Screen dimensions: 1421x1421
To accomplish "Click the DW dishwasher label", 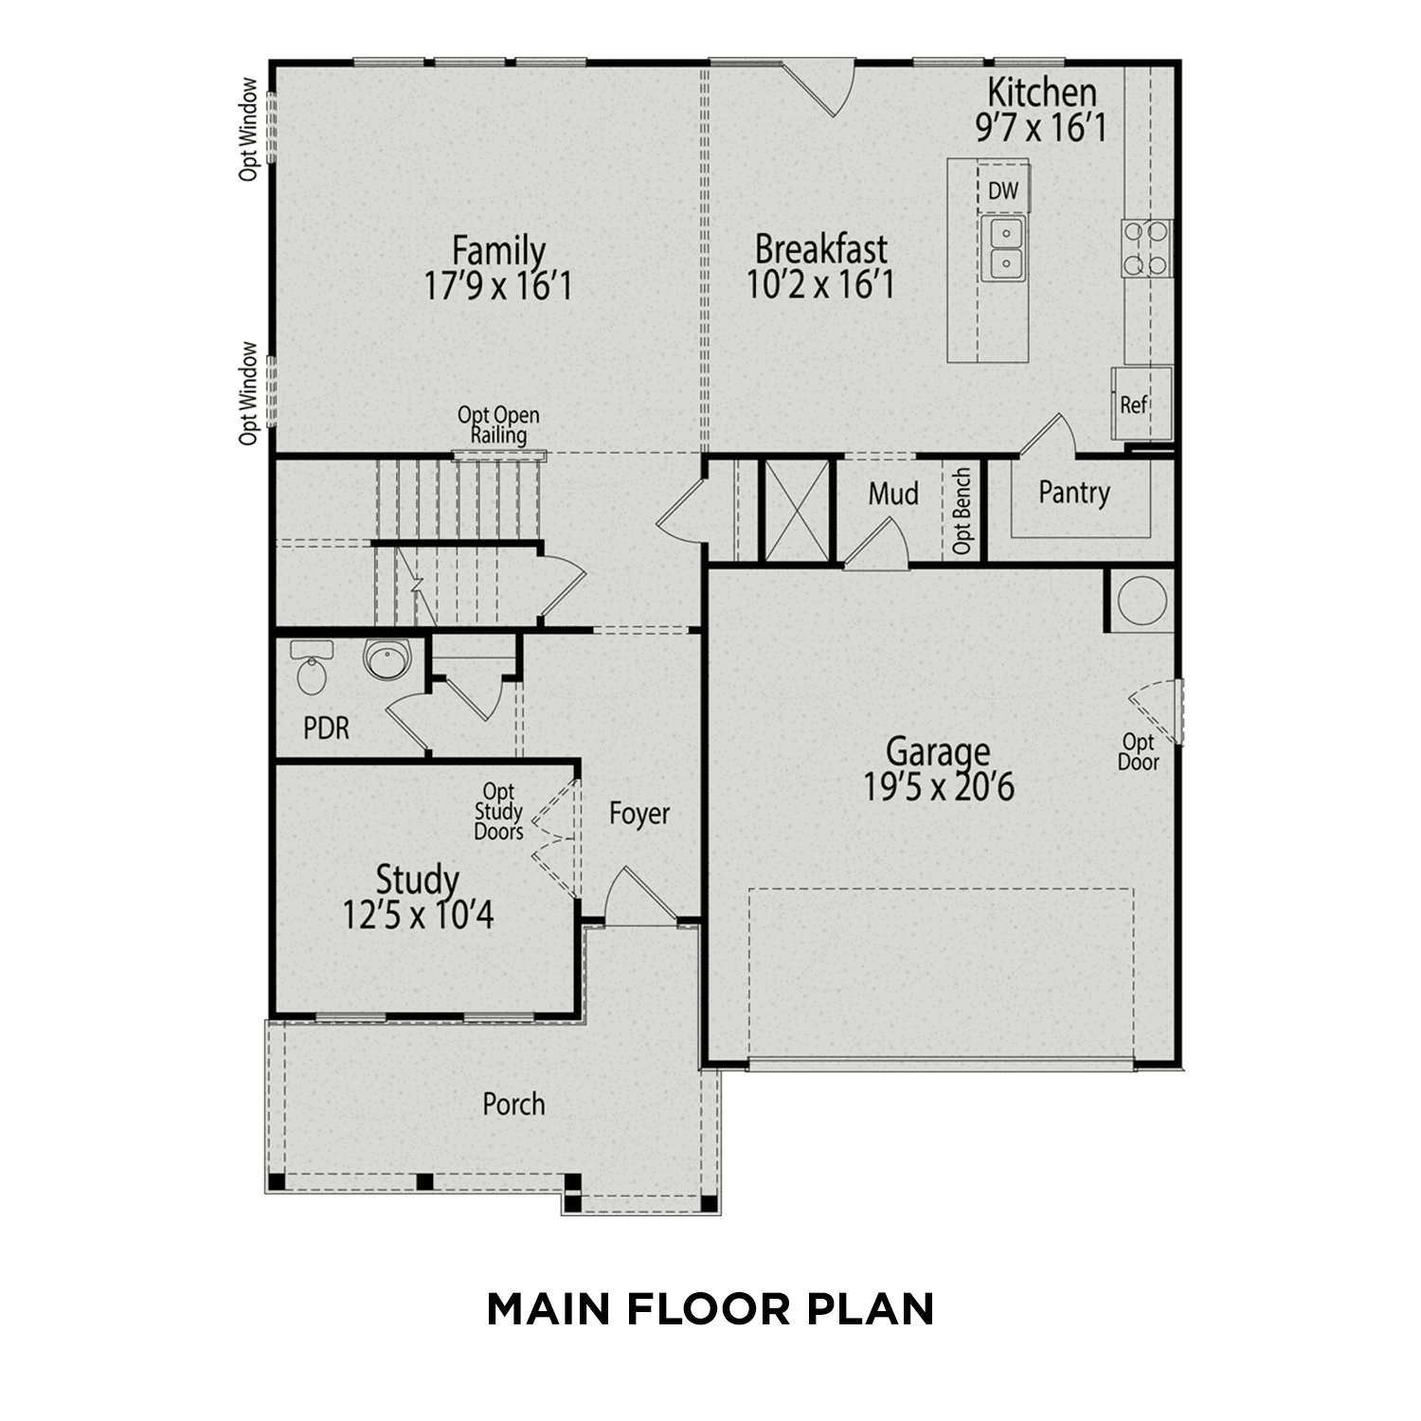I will click(x=1003, y=191).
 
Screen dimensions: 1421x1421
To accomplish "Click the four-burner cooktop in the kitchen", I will click(x=1146, y=248).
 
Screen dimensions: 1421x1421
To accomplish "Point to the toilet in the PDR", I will click(x=311, y=667).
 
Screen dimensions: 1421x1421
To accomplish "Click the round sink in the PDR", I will click(x=386, y=659).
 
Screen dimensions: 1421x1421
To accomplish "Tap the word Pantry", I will click(x=1073, y=493).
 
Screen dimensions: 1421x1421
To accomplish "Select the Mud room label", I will click(x=893, y=494).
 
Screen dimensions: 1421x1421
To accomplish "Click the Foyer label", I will click(x=639, y=814).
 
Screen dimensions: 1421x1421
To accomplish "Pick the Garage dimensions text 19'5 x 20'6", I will click(x=938, y=787).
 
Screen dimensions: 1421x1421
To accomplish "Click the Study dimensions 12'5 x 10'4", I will click(x=418, y=915).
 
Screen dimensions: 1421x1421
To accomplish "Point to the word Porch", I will click(x=513, y=1105).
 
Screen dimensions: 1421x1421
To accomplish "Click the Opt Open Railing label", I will click(x=498, y=425).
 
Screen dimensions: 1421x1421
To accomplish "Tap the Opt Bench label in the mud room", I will click(x=962, y=511).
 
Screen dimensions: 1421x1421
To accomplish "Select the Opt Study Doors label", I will click(x=498, y=812).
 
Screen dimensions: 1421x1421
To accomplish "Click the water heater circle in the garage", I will click(x=1140, y=601).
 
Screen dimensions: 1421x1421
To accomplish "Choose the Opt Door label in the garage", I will click(x=1138, y=752).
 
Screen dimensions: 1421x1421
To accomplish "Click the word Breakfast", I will click(x=820, y=249).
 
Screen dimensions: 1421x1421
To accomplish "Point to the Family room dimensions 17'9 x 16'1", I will click(x=498, y=286).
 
